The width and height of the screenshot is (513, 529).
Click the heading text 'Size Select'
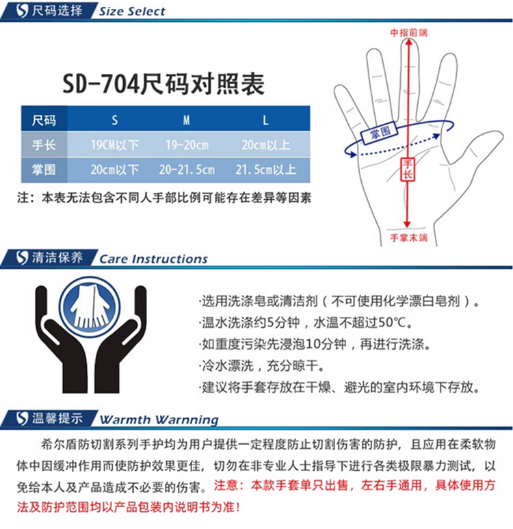point(132,12)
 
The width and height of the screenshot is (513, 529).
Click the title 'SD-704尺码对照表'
point(163,84)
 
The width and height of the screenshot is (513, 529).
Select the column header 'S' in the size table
point(115,120)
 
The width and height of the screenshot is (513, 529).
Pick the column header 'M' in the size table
point(186,120)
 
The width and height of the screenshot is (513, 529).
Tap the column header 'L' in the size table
point(265,120)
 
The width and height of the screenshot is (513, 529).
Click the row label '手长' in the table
point(44,145)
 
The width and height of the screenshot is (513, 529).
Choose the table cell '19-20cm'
point(187,145)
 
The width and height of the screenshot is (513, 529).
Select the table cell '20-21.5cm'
point(187,170)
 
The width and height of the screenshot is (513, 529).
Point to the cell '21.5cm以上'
point(266,170)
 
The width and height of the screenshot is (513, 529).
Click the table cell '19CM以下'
point(115,145)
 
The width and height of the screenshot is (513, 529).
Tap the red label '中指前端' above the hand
point(409,33)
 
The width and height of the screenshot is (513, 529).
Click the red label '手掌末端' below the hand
point(409,238)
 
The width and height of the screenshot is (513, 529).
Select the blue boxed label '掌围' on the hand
point(380,133)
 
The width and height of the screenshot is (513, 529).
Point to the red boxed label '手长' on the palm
point(408,169)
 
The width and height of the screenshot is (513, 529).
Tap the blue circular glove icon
point(90,307)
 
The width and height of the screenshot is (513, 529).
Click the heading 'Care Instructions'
point(153,259)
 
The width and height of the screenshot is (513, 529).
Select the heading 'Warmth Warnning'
point(159,420)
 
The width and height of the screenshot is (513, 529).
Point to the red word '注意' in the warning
point(226,485)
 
